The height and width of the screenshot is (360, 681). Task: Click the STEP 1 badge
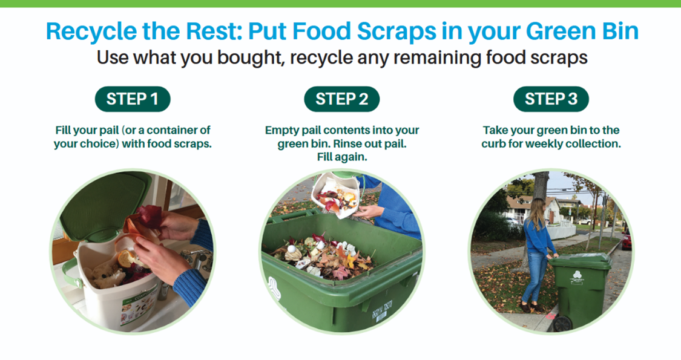133,100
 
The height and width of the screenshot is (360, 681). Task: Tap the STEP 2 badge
341,100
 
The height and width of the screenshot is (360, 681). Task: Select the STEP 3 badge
550,100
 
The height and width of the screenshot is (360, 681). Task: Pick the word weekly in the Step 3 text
547,144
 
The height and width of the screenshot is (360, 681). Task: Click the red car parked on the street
625,241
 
